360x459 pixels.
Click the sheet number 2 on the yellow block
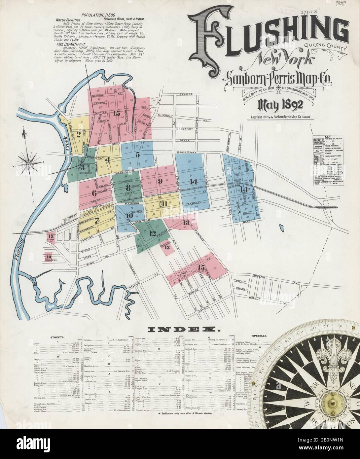click(x=79, y=134)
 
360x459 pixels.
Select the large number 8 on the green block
click(x=128, y=188)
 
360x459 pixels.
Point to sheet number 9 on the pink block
click(x=160, y=181)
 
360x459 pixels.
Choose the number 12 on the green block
click(x=153, y=233)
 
